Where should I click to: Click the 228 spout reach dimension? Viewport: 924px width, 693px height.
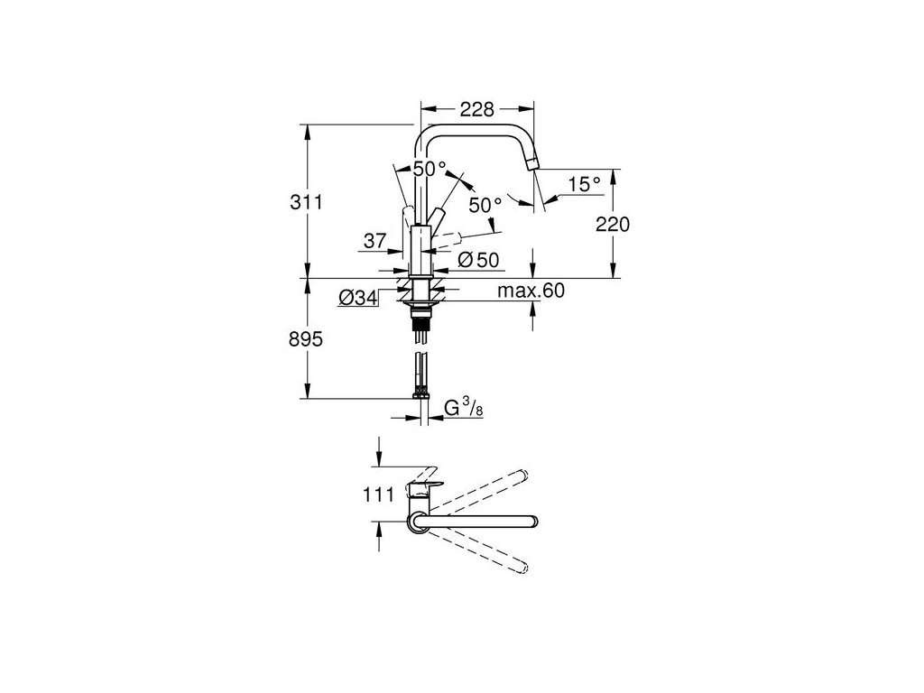(476, 109)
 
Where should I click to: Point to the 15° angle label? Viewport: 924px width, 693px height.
(584, 184)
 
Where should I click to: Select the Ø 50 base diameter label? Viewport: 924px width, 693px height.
(478, 260)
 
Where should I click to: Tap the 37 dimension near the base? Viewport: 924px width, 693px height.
(375, 241)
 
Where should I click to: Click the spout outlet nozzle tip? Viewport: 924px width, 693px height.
(533, 162)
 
